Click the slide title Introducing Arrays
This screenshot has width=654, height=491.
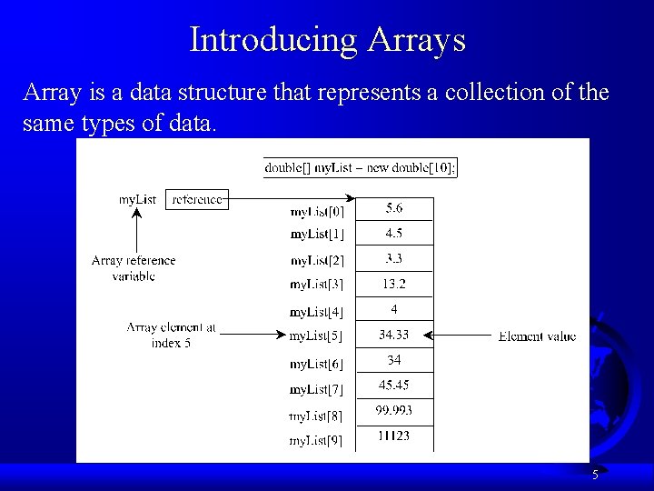click(x=327, y=39)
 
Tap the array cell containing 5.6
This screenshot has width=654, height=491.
click(x=394, y=208)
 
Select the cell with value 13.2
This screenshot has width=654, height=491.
click(x=394, y=284)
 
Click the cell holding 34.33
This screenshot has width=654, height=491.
click(x=394, y=335)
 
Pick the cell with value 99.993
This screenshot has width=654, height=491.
click(x=394, y=410)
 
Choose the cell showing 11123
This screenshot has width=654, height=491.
click(x=394, y=436)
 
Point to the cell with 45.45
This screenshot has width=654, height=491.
click(x=394, y=385)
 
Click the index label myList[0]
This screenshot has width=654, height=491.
click(x=317, y=212)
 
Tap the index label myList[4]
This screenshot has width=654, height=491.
click(x=316, y=312)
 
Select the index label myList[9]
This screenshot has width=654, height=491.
click(x=316, y=441)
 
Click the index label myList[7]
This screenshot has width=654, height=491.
click(x=316, y=389)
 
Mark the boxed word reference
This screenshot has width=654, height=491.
click(x=197, y=199)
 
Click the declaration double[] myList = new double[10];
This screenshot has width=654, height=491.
click(x=361, y=167)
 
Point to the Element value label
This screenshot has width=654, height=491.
click(x=537, y=336)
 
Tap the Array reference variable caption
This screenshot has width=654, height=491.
click(x=134, y=267)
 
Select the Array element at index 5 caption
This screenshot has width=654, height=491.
click(x=171, y=335)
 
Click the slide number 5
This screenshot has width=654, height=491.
click(x=595, y=475)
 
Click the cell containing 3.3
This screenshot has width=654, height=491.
click(x=394, y=258)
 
